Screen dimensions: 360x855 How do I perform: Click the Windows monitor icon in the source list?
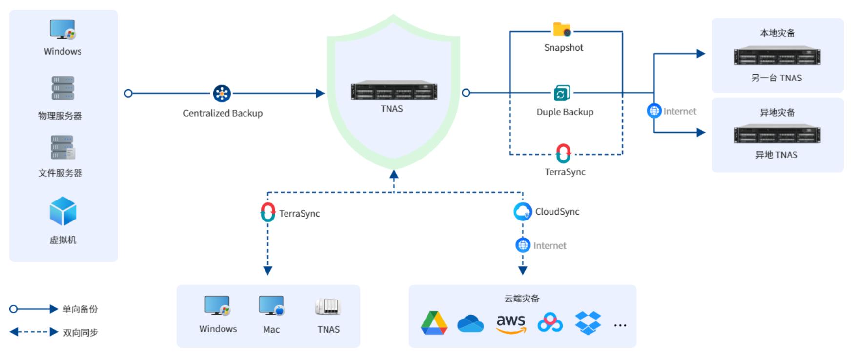(x=62, y=29)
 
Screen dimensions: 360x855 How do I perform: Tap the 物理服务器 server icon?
(x=62, y=88)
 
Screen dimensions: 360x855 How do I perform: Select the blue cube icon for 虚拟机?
(x=63, y=211)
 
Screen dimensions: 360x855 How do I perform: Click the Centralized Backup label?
(x=223, y=113)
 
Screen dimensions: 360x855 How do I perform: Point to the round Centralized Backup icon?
(x=222, y=93)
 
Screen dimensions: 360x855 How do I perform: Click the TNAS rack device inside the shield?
(x=394, y=91)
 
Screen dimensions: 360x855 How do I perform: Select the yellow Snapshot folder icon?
(x=562, y=29)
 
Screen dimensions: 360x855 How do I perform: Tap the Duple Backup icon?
(x=562, y=93)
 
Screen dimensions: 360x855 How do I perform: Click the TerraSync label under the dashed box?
(x=565, y=172)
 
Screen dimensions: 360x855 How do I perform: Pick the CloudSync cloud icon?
(x=523, y=211)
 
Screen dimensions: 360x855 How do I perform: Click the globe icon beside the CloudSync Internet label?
(x=523, y=245)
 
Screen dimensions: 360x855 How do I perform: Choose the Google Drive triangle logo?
(x=434, y=323)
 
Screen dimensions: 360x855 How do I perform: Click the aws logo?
(x=511, y=323)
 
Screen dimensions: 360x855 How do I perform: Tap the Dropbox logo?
(x=588, y=323)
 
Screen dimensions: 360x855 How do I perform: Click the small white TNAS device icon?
(x=327, y=306)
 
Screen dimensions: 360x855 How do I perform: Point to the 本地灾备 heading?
(x=777, y=33)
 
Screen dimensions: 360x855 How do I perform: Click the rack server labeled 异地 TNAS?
(x=777, y=134)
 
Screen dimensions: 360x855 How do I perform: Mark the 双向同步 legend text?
(x=81, y=333)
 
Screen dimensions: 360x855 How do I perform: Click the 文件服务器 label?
(x=61, y=173)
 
